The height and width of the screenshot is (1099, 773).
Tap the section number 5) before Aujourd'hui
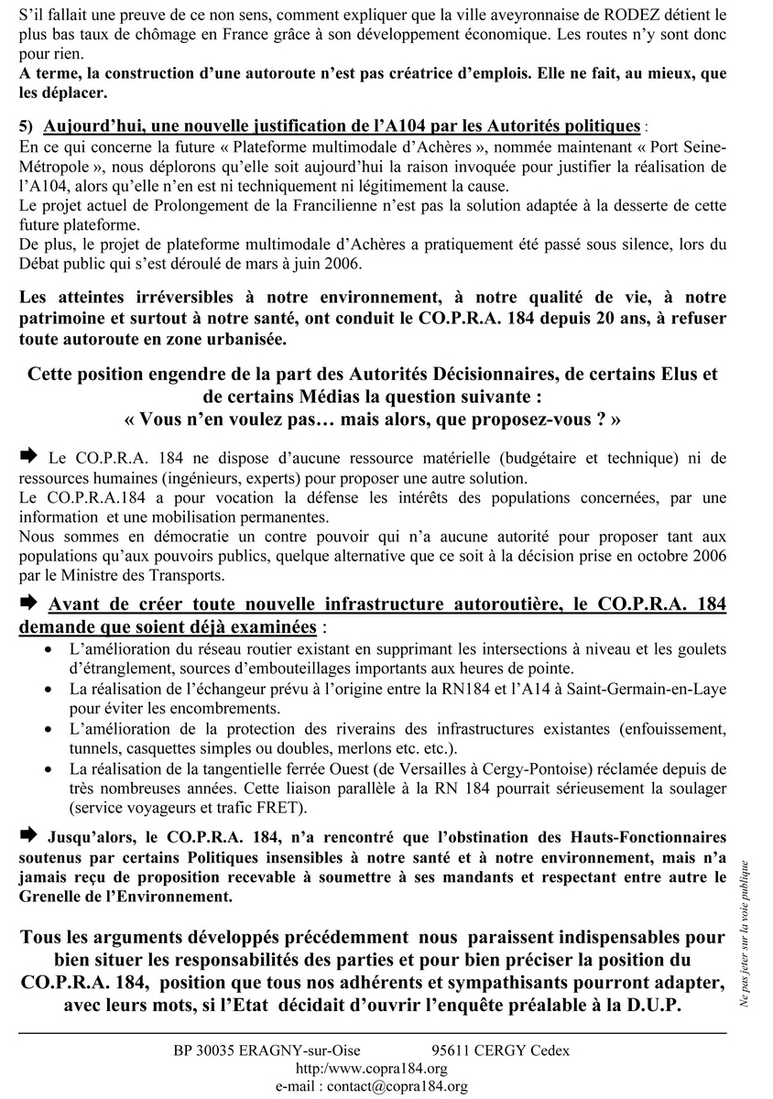27,125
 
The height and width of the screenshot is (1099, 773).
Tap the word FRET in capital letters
273,809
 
